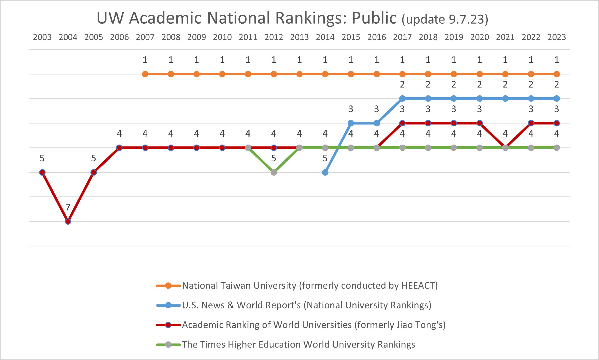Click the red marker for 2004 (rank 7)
coord(68,222)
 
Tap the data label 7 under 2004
coord(68,207)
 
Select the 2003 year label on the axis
coord(42,37)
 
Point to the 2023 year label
coord(557,37)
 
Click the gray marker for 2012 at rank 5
coord(274,173)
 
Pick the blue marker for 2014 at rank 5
coord(325,173)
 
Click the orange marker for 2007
coord(145,74)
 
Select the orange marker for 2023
coord(557,74)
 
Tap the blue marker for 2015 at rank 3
coord(351,123)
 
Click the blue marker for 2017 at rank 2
coord(402,99)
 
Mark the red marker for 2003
coord(42,173)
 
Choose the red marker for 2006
coord(119,148)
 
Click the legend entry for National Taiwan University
coord(310,286)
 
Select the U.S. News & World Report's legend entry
coord(306,305)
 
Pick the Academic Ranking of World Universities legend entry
coord(314,325)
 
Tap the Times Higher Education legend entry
coord(298,345)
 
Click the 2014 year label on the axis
coord(325,37)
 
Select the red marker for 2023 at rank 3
coord(557,123)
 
